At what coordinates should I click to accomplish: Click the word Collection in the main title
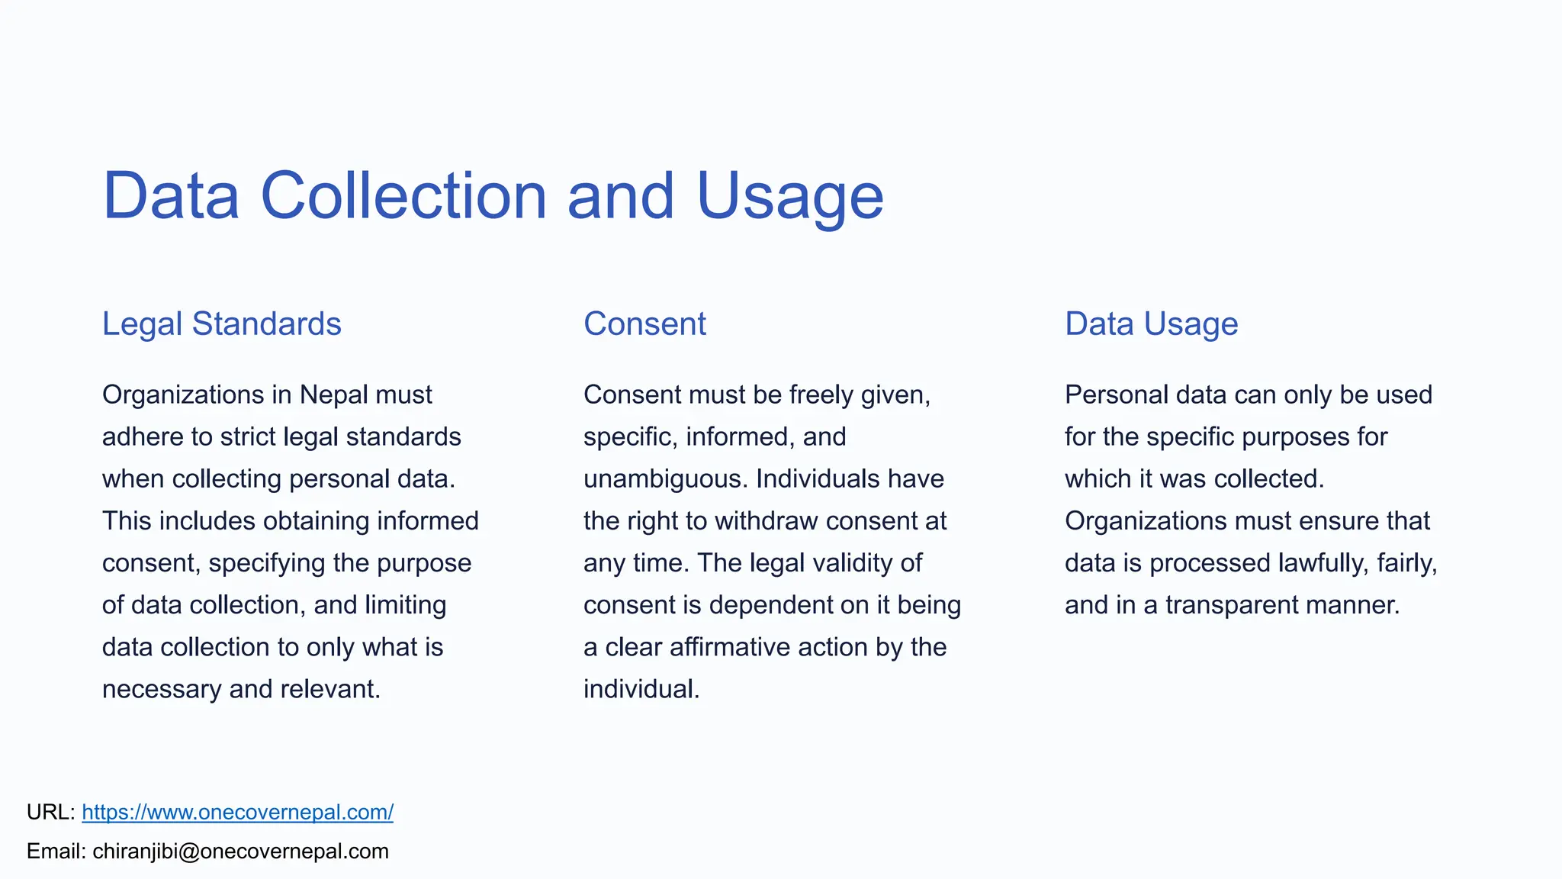click(x=403, y=196)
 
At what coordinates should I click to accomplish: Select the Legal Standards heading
click(x=222, y=324)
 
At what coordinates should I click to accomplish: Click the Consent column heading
click(x=644, y=324)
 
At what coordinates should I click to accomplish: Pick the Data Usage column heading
click(x=1151, y=324)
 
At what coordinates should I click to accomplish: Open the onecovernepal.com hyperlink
click(x=237, y=812)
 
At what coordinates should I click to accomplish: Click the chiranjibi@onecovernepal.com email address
click(x=240, y=852)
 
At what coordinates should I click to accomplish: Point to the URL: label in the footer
click(x=50, y=812)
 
